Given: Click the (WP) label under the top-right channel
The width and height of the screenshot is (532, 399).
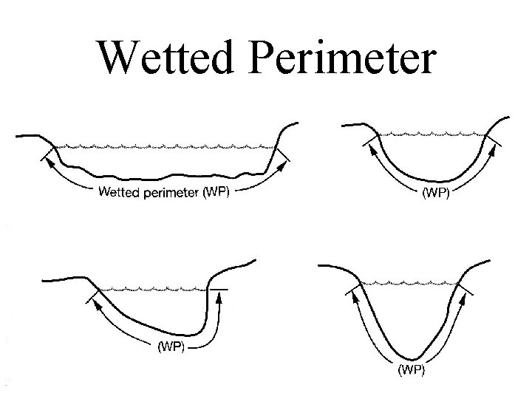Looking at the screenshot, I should coord(434,195).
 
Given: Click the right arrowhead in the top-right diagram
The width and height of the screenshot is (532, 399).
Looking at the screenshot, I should coord(488,151).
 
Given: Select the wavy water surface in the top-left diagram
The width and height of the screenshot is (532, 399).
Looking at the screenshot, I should coord(163,146).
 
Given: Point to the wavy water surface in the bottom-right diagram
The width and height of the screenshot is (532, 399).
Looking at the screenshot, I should coord(410,283).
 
